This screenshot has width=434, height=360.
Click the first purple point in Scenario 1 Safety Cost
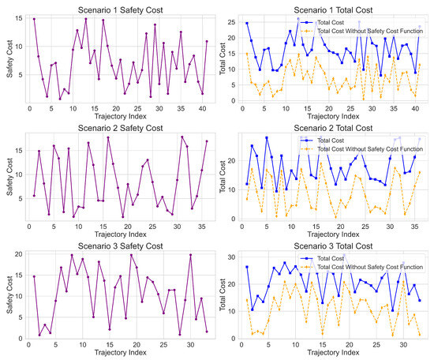click(34, 19)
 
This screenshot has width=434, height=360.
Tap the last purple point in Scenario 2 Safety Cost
click(207, 141)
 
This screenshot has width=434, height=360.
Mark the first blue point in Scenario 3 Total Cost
click(247, 267)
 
